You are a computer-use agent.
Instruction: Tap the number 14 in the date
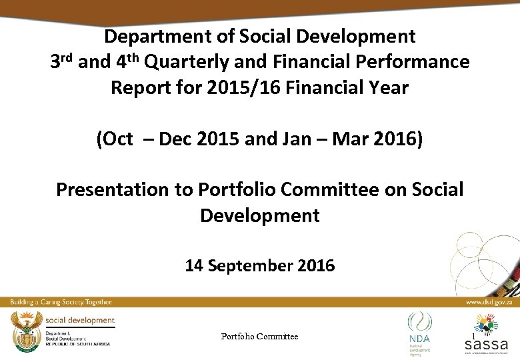pyautogui.click(x=194, y=266)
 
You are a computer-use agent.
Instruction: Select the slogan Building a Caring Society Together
pyautogui.click(x=60, y=303)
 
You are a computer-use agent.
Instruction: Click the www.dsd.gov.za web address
pyautogui.click(x=489, y=303)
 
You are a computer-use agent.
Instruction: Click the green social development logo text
pyautogui.click(x=80, y=321)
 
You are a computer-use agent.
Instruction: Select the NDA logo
pyautogui.click(x=419, y=331)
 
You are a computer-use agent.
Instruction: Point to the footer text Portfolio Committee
pyautogui.click(x=259, y=337)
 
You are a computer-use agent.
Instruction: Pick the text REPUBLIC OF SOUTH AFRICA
pyautogui.click(x=77, y=344)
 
